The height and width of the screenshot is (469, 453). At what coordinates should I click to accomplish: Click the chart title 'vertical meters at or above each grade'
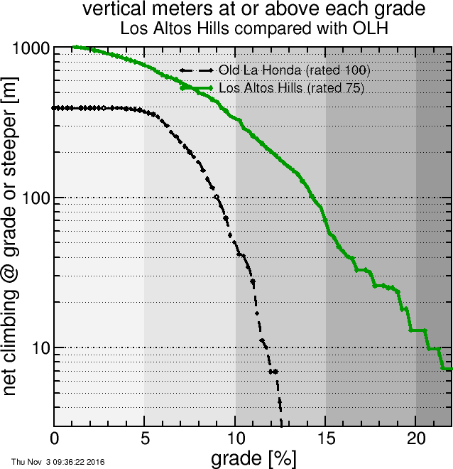(x=253, y=10)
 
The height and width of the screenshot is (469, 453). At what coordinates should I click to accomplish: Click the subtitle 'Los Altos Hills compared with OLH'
(x=253, y=29)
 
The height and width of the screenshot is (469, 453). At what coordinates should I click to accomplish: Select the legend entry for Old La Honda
(x=294, y=70)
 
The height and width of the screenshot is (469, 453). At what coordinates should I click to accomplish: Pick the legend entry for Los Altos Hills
(x=291, y=88)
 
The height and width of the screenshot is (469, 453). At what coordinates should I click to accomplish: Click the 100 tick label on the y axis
(x=36, y=198)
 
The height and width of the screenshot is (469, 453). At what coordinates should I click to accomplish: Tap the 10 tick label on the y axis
(x=40, y=347)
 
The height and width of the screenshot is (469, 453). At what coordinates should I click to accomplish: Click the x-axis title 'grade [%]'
(x=253, y=458)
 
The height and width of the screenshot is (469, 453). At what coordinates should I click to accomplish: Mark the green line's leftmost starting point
(x=74, y=48)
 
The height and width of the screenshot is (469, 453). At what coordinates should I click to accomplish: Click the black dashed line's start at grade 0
(x=55, y=108)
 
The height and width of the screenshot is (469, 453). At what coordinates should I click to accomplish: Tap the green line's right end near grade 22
(x=450, y=369)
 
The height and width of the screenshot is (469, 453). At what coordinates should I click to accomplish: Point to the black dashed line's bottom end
(x=281, y=425)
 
